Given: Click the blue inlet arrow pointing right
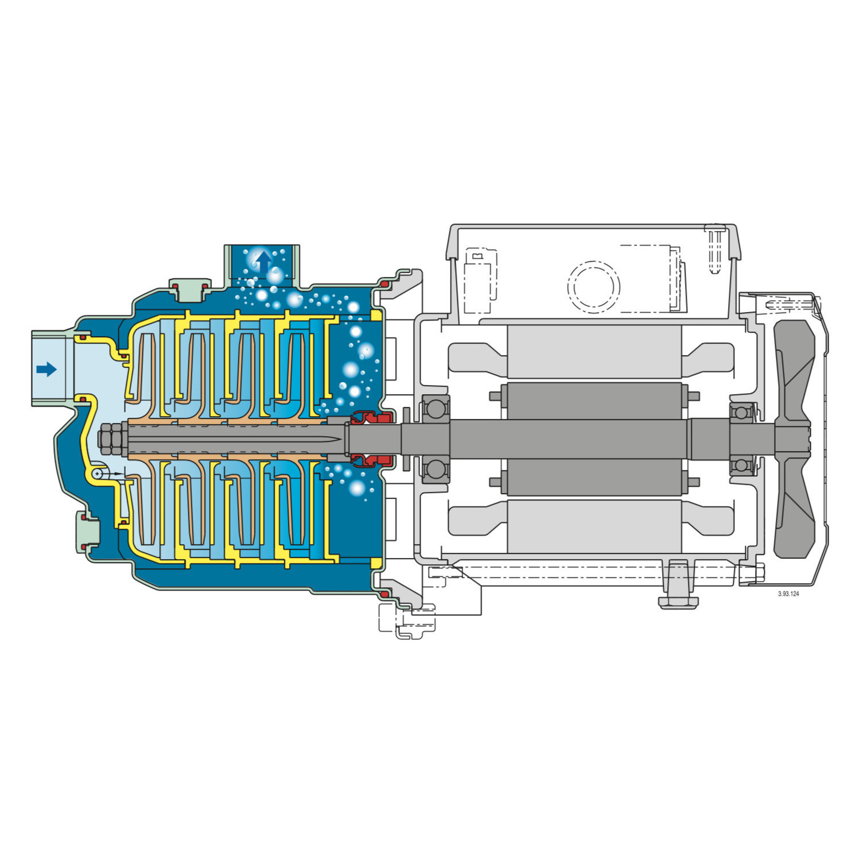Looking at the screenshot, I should (47, 369).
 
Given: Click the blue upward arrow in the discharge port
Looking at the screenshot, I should (264, 261).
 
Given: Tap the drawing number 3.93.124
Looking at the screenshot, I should (788, 594).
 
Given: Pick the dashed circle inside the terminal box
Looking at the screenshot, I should (594, 287).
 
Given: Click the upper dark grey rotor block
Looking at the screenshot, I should (594, 401).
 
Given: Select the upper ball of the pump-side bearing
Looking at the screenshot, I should (436, 409).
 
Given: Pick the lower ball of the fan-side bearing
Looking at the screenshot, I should (741, 464).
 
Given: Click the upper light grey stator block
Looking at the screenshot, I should (594, 352).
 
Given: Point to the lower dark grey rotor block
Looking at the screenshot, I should (594, 477).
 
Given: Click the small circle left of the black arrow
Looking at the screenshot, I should (98, 473).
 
